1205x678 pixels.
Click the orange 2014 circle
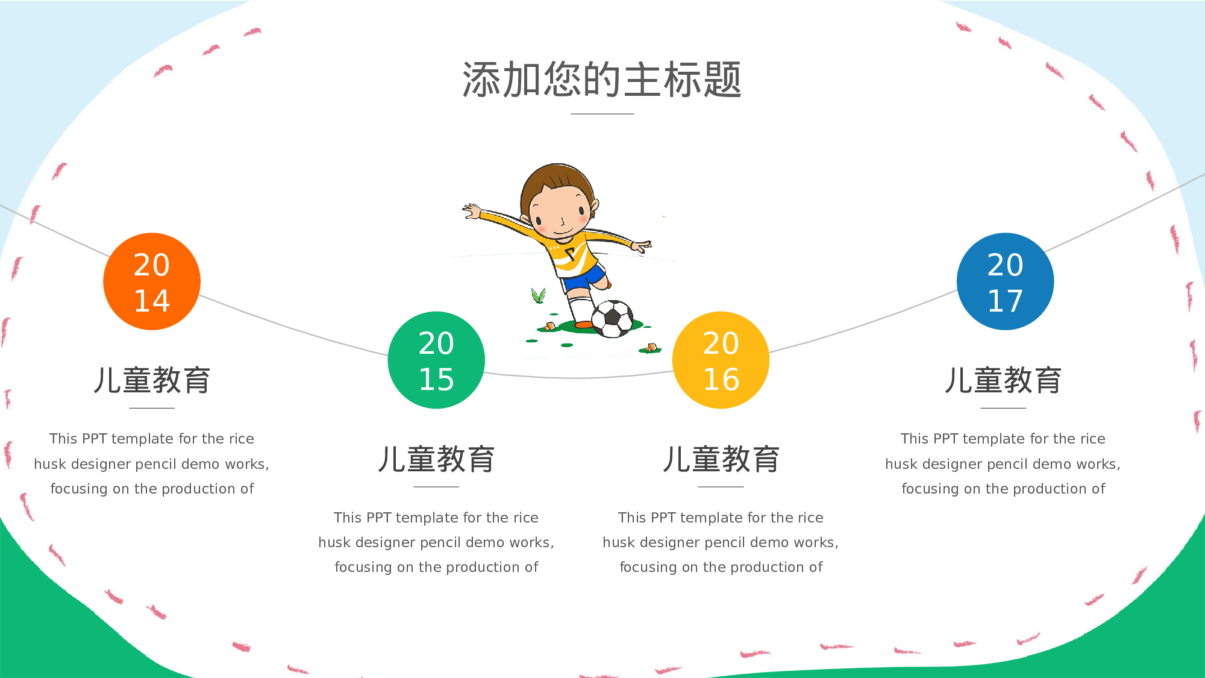point(152,281)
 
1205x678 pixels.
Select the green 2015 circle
point(436,360)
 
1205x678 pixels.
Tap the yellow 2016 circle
point(721,360)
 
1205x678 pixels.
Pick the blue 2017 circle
point(1005,281)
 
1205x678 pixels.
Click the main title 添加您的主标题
point(602,80)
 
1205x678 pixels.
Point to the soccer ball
point(613,319)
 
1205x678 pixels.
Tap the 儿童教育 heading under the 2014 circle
point(152,380)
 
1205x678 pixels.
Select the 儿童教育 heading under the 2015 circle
point(436,459)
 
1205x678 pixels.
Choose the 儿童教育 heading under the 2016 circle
point(721,459)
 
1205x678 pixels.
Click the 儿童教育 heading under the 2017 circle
point(1003,380)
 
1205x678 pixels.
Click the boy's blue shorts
point(583,278)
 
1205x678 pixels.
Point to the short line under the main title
point(602,113)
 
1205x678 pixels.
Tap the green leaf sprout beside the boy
point(538,295)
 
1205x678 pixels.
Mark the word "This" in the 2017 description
point(914,439)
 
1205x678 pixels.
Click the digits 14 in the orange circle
point(152,301)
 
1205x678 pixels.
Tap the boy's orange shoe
point(583,325)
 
